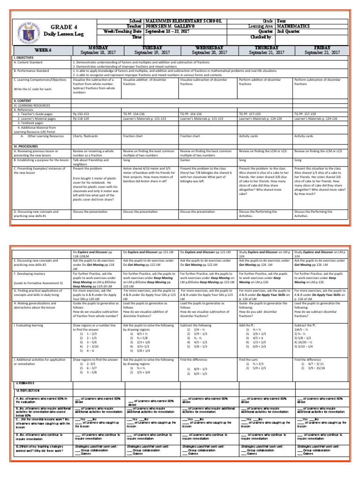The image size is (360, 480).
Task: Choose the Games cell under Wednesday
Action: (186, 159)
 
